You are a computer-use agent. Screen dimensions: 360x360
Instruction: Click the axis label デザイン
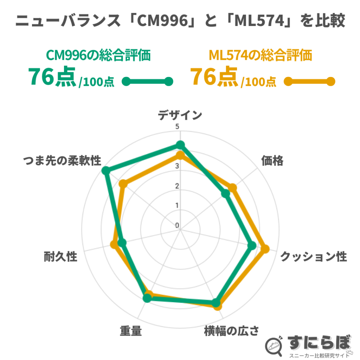(x=180, y=115)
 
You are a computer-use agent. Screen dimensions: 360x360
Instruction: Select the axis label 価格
(x=272, y=161)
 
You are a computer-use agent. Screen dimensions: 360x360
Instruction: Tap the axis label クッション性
(x=313, y=257)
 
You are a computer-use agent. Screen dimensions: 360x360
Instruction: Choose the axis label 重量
(x=130, y=331)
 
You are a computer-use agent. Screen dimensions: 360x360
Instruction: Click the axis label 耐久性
(x=60, y=257)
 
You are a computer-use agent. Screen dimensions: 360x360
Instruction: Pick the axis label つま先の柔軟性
(x=62, y=161)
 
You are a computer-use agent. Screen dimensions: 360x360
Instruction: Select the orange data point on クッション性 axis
(x=265, y=249)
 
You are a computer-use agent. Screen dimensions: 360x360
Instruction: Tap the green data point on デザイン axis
(x=180, y=144)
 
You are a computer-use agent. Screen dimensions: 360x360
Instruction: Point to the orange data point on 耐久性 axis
(x=114, y=244)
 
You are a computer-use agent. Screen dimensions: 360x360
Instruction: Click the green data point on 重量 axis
(x=147, y=299)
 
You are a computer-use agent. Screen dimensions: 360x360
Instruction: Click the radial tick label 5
(x=177, y=127)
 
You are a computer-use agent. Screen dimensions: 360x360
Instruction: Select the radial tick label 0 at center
(x=177, y=225)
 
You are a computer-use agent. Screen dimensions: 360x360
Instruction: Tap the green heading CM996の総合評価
(x=98, y=56)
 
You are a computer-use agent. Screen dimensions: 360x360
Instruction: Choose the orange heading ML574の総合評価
(x=261, y=56)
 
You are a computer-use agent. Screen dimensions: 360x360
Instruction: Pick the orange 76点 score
(x=214, y=77)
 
